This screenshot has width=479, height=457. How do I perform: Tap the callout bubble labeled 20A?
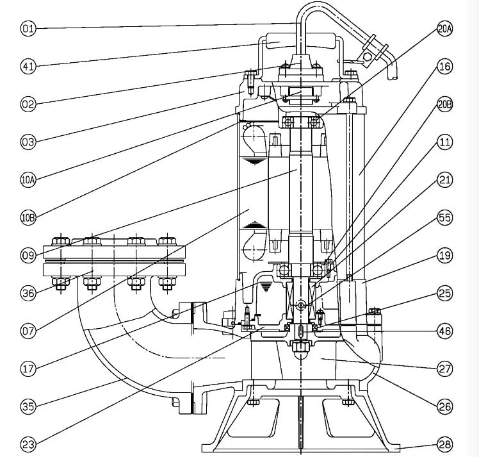click(445, 29)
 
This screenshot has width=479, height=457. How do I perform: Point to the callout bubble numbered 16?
click(445, 66)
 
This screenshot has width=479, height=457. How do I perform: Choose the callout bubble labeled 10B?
click(28, 218)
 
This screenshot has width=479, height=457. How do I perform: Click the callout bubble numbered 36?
click(28, 292)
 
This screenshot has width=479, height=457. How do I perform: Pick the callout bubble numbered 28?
click(444, 444)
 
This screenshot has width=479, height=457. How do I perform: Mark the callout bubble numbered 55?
click(444, 219)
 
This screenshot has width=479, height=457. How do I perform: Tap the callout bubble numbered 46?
click(444, 331)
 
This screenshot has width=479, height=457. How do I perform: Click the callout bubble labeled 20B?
click(444, 104)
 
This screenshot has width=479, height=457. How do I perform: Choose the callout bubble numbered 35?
click(28, 405)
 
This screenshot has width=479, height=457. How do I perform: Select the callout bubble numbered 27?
click(444, 369)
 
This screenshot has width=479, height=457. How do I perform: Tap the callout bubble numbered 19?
click(444, 256)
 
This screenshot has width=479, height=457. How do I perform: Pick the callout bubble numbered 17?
click(28, 368)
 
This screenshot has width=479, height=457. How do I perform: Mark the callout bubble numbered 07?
click(28, 331)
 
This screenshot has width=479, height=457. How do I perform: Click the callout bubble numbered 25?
click(444, 294)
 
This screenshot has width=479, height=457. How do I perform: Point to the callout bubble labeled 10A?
click(28, 179)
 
